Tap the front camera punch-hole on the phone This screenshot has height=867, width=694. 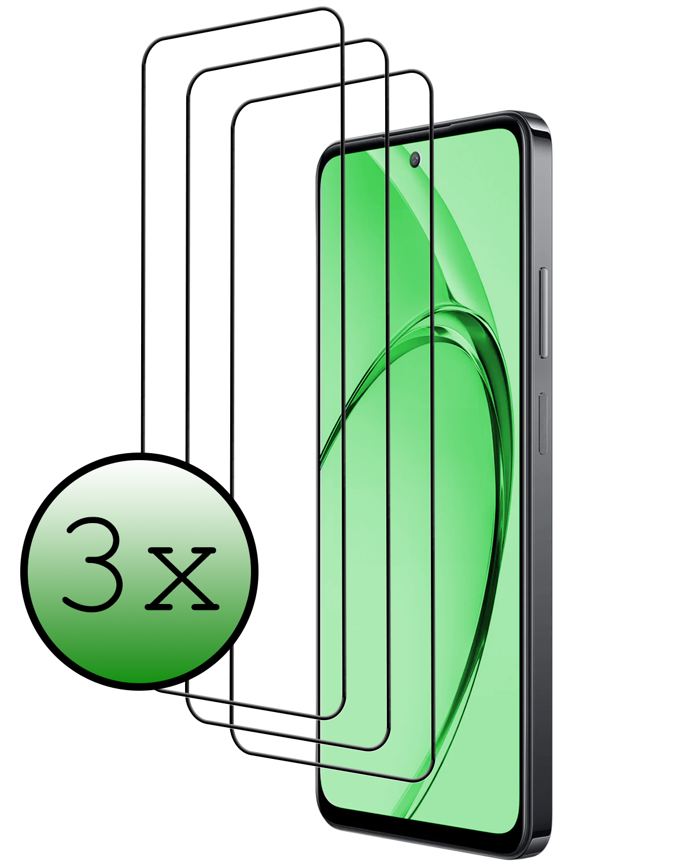415,160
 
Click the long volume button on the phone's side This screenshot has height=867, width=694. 543,312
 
